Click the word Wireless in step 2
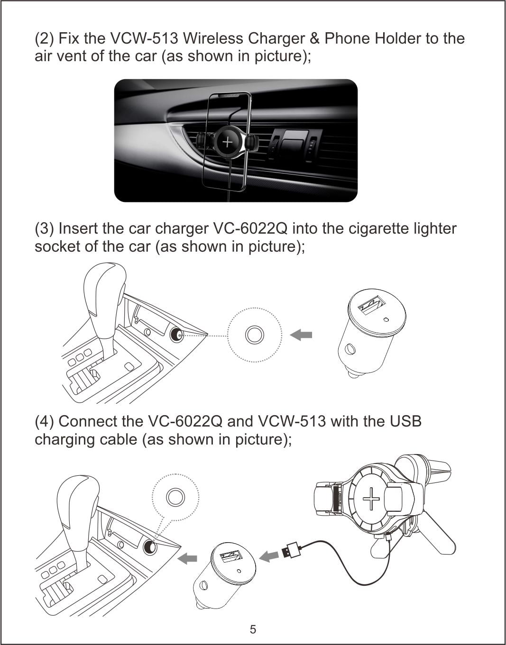(213, 38)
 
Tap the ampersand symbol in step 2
(314, 38)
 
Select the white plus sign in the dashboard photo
(228, 142)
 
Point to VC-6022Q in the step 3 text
(250, 229)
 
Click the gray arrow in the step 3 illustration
(301, 335)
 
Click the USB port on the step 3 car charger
(371, 305)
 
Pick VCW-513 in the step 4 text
(292, 421)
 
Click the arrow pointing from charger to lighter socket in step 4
(187, 558)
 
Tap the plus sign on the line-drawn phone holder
(371, 499)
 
